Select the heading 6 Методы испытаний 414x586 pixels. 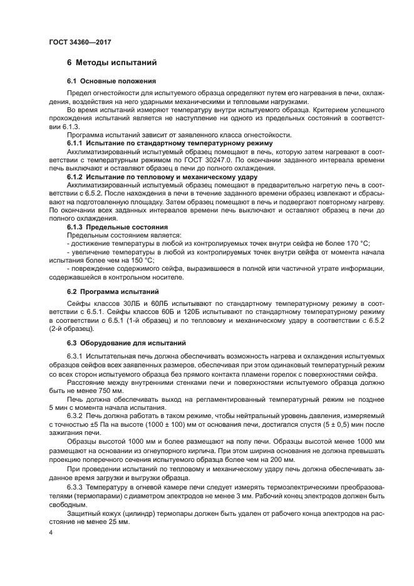[107, 63]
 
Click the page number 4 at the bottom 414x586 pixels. [51, 531]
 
